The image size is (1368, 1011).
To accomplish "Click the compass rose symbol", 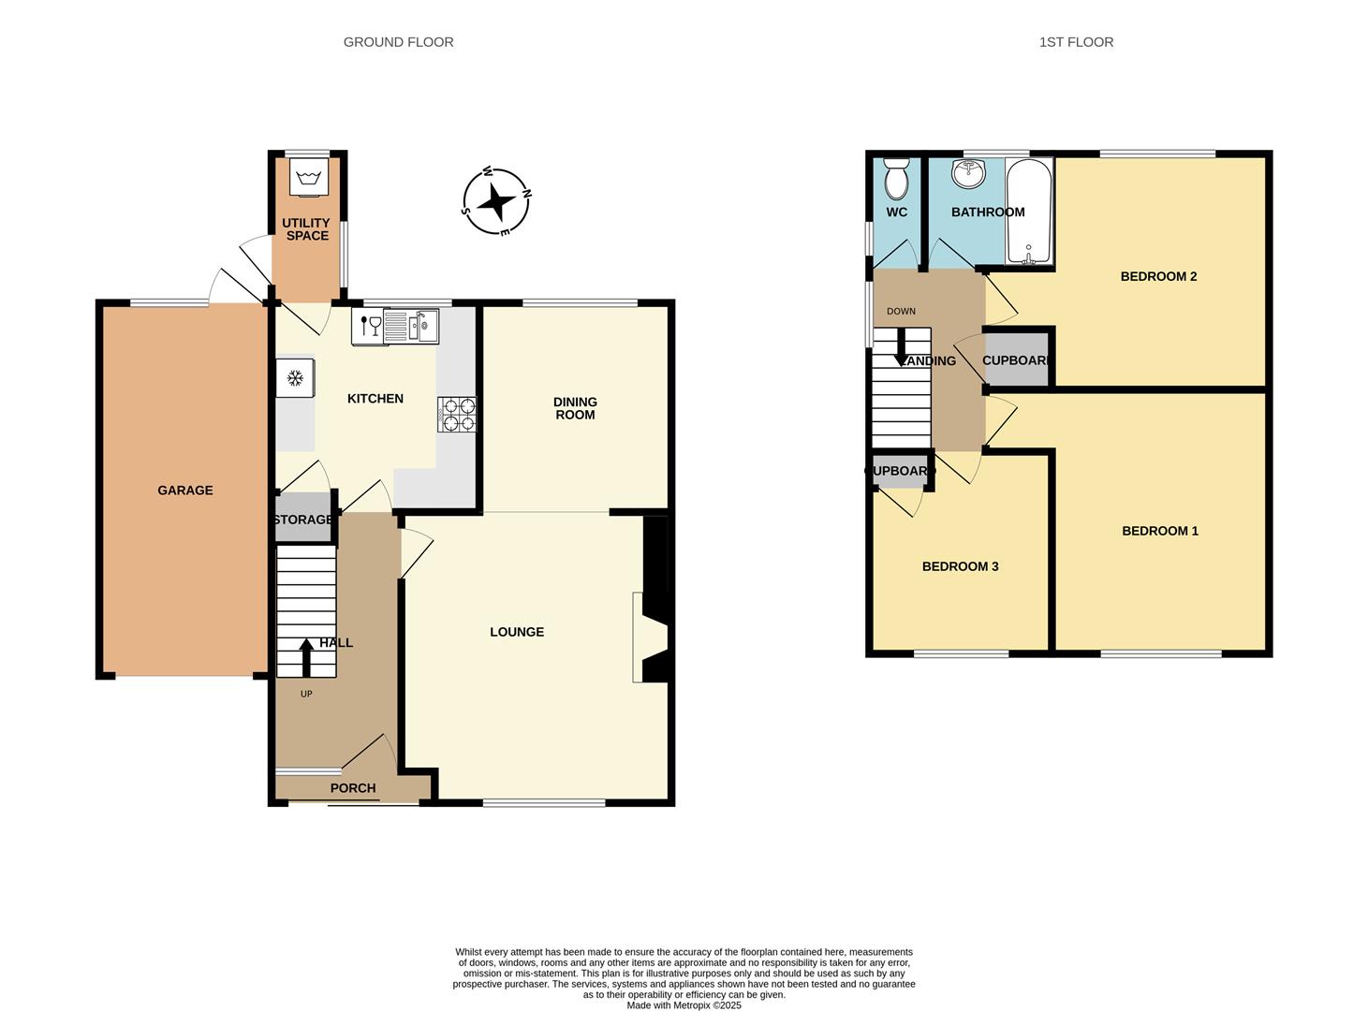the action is (496, 201).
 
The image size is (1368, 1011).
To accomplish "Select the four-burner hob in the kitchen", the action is (456, 415).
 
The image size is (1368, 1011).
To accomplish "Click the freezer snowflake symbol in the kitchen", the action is (296, 378).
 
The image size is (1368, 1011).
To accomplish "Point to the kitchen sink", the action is (410, 327).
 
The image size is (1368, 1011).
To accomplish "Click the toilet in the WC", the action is (895, 178).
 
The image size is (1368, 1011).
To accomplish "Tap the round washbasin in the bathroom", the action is (969, 173).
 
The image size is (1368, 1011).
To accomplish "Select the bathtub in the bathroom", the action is (1028, 212).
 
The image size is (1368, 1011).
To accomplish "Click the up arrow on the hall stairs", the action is (306, 657).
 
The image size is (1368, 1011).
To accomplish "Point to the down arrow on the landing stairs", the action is (901, 346).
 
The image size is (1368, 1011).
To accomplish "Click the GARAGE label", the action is (185, 491).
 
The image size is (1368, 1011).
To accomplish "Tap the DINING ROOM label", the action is (575, 408).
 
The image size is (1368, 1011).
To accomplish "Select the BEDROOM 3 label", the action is (960, 566).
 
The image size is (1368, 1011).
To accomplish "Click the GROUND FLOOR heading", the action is (399, 42).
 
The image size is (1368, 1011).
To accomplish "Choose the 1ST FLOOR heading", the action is (1076, 42).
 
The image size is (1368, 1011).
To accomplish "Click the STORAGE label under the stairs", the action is (303, 520).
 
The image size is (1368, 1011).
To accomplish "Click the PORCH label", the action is (353, 788).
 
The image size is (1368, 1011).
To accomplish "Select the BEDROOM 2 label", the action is (1158, 276).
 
